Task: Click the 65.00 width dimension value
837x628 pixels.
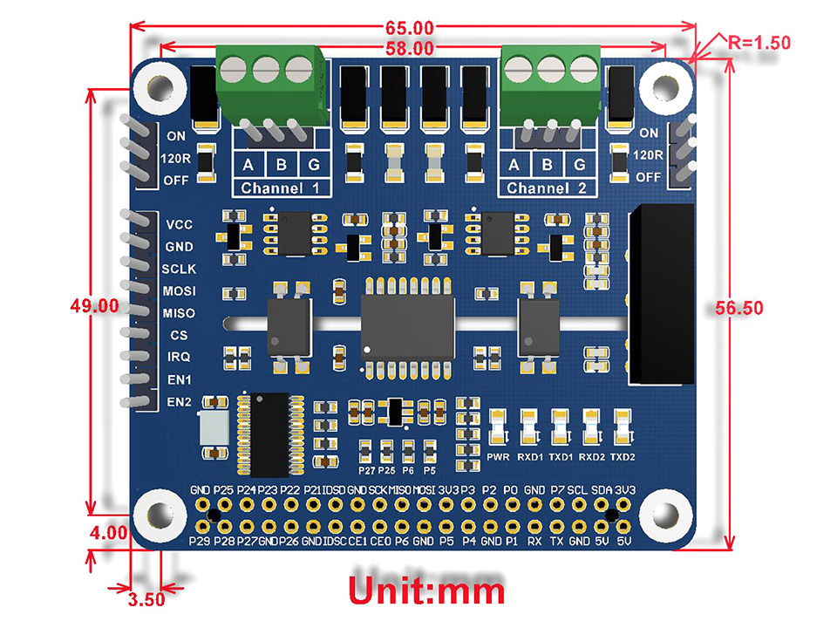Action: pyautogui.click(x=410, y=28)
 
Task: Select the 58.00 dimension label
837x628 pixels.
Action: pyautogui.click(x=410, y=49)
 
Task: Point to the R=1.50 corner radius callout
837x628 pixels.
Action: pyautogui.click(x=759, y=43)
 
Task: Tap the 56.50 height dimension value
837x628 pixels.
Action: pyautogui.click(x=739, y=308)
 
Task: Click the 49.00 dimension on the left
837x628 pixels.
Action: pyautogui.click(x=94, y=306)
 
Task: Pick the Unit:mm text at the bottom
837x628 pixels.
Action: pyautogui.click(x=426, y=590)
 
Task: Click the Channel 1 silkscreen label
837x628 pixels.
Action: pyautogui.click(x=280, y=188)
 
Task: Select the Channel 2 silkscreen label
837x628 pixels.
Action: pyautogui.click(x=546, y=188)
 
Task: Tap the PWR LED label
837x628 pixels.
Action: pyautogui.click(x=498, y=457)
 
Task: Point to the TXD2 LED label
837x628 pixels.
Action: pyautogui.click(x=623, y=457)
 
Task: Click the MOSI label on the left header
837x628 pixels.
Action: pyautogui.click(x=179, y=291)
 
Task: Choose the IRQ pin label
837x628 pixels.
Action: pyautogui.click(x=179, y=357)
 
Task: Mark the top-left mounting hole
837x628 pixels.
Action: pyautogui.click(x=159, y=87)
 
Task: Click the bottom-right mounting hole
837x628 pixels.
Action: pyautogui.click(x=665, y=516)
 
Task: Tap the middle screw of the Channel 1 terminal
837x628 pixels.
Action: pyautogui.click(x=266, y=70)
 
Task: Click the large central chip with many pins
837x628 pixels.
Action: pyautogui.click(x=408, y=328)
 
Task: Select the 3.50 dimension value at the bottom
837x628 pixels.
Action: pyautogui.click(x=146, y=599)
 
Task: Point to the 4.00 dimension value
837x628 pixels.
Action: pyautogui.click(x=109, y=532)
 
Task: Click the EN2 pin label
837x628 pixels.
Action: pyautogui.click(x=179, y=401)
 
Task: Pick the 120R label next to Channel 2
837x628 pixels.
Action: pyautogui.click(x=648, y=155)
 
